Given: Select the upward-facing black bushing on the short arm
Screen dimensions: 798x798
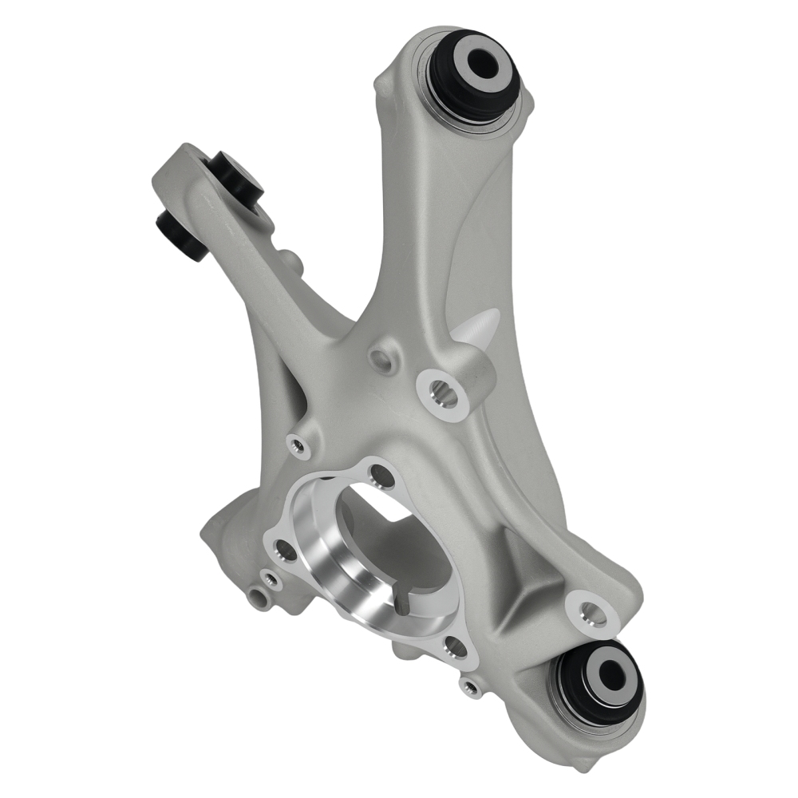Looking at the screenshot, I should [235, 175].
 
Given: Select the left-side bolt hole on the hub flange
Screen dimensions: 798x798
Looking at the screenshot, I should [282, 548].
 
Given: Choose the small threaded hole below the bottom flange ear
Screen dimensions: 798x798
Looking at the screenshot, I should [472, 686].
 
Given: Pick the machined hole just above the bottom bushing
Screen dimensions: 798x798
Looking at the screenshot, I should [591, 613].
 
